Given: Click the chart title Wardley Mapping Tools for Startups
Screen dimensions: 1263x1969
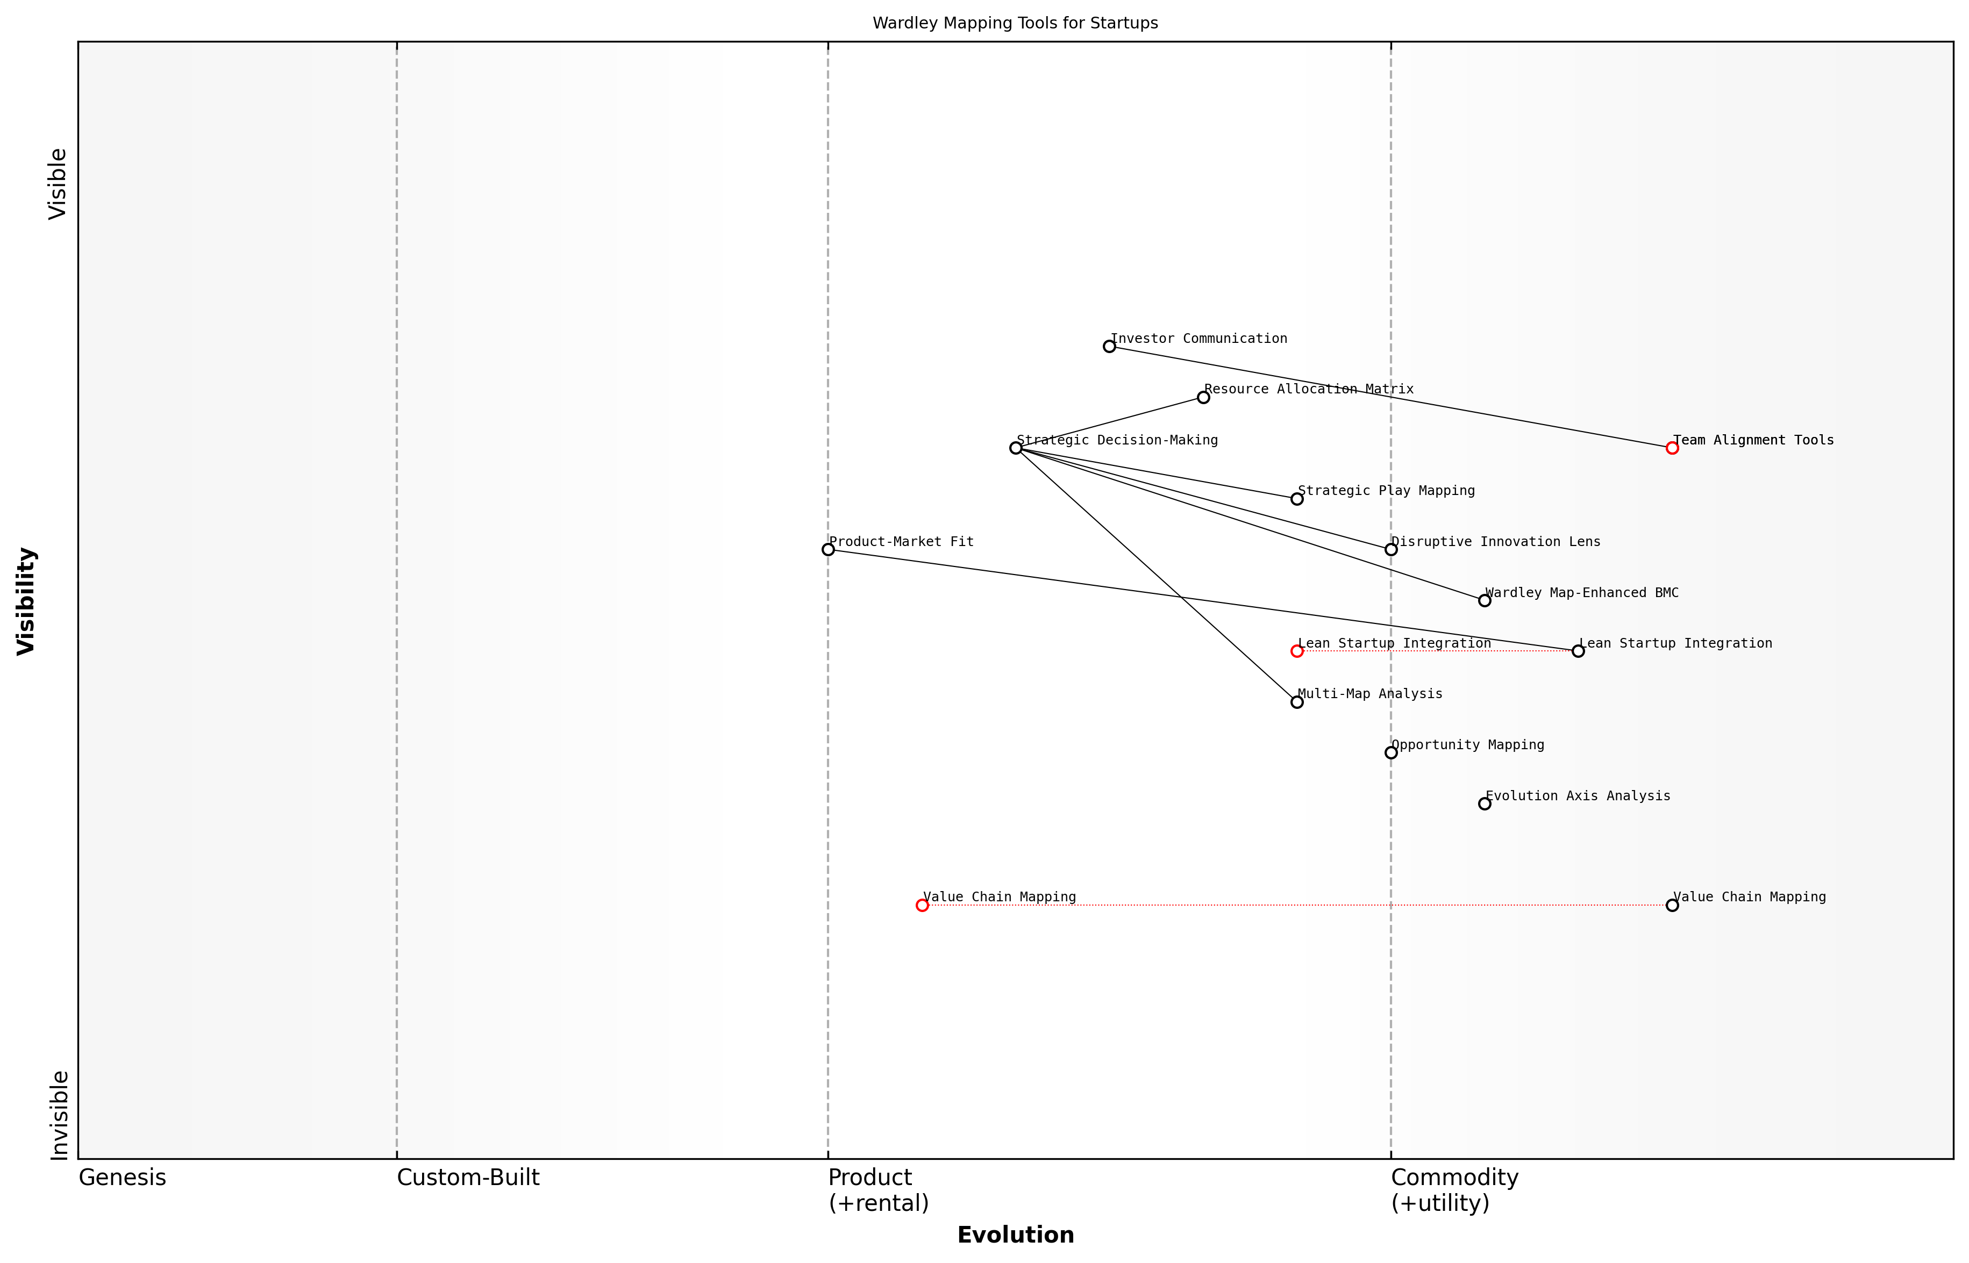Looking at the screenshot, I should [1015, 23].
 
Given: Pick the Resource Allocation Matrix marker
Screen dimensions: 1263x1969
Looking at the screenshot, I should [1203, 397].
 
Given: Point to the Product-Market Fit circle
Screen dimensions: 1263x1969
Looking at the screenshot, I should [828, 549].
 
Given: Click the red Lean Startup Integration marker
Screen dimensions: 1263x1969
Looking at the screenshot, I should [1297, 651].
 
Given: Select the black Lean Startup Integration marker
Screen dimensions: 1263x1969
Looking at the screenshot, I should [1578, 651].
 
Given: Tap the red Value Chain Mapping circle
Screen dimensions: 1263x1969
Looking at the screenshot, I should [922, 906].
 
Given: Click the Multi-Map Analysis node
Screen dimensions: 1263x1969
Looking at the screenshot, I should [1297, 702].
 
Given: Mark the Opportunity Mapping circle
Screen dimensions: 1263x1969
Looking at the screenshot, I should [1390, 753].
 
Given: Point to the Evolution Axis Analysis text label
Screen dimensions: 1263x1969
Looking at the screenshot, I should [1577, 795].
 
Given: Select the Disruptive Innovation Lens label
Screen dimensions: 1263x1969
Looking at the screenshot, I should [1495, 541].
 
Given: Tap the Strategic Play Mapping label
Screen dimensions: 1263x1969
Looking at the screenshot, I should [1386, 491].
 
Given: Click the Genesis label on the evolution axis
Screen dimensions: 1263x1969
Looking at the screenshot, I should [122, 1178].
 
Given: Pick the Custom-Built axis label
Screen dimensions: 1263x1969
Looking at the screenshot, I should [468, 1178].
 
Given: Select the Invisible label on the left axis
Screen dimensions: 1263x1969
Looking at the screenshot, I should [59, 1115].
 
